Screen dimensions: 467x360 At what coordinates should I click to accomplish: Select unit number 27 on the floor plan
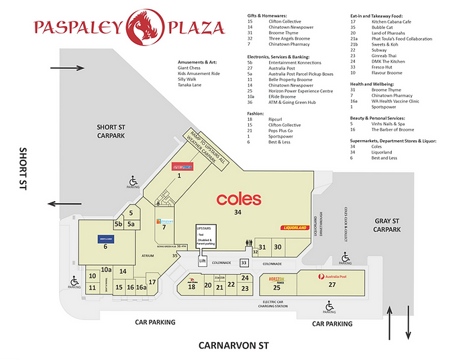331,285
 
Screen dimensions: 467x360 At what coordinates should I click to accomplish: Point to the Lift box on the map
203,261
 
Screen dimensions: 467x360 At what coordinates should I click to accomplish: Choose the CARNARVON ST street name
233,346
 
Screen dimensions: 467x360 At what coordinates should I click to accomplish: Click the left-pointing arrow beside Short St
64,205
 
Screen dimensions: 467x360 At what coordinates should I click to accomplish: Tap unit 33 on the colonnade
244,263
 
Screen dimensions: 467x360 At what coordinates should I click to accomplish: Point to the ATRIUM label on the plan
147,255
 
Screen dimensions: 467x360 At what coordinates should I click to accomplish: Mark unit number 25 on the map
276,288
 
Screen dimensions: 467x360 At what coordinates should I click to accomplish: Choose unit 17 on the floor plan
152,282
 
